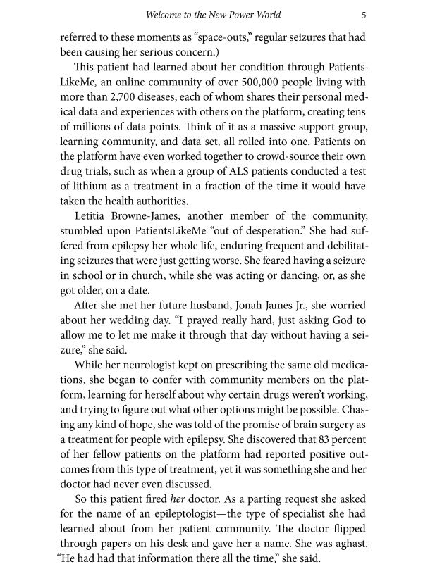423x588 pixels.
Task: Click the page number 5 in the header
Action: pos(362,13)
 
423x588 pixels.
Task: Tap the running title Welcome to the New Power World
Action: pos(211,13)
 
